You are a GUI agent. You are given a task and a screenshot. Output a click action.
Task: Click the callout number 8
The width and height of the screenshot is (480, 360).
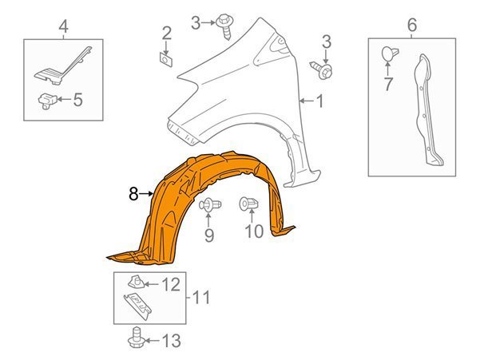(133, 194)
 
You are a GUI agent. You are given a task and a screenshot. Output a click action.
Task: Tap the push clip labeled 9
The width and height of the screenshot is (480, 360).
(210, 204)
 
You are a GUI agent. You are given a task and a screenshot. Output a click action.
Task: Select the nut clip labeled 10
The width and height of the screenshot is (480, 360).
(248, 204)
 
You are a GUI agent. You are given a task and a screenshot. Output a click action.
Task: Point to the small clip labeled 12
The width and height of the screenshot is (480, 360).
(136, 282)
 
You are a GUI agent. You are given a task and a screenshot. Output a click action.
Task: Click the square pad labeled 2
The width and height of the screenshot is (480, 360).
(166, 59)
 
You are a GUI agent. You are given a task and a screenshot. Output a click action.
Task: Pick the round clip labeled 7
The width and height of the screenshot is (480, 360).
(390, 53)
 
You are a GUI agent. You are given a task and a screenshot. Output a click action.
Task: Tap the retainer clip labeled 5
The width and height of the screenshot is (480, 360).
(47, 101)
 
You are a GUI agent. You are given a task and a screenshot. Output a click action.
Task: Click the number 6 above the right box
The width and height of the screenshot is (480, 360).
(412, 25)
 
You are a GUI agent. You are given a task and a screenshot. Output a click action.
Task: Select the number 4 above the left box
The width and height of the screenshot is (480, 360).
(63, 26)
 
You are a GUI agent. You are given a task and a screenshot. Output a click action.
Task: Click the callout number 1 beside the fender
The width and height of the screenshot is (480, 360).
(319, 101)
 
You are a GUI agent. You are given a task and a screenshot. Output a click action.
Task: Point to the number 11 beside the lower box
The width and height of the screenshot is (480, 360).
(201, 298)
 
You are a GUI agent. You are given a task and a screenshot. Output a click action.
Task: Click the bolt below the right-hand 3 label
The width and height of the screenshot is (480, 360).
(322, 70)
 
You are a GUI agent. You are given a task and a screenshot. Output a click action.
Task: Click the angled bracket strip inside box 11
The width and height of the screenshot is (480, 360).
(137, 307)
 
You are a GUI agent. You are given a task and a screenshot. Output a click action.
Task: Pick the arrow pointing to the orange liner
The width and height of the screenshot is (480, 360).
(146, 194)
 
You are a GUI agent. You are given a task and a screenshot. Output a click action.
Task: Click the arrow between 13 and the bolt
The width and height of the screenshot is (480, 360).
(152, 341)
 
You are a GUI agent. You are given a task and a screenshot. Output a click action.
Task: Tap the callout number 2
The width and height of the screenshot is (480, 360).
(167, 34)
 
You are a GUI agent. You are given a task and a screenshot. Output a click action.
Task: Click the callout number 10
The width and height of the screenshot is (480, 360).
(254, 231)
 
